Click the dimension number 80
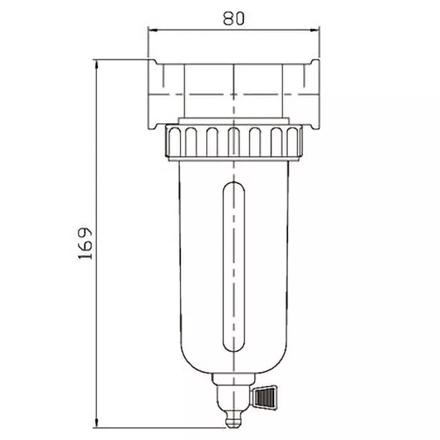pyautogui.click(x=234, y=18)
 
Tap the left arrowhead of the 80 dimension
pyautogui.click(x=153, y=30)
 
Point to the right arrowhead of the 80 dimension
pyautogui.click(x=315, y=30)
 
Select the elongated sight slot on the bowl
pyautogui.click(x=234, y=267)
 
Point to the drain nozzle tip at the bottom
pyautogui.click(x=234, y=422)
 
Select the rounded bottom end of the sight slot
pyautogui.click(x=234, y=348)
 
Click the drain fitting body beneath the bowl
pyautogui.click(x=233, y=393)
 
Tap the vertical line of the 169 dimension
pyautogui.click(x=97, y=330)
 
